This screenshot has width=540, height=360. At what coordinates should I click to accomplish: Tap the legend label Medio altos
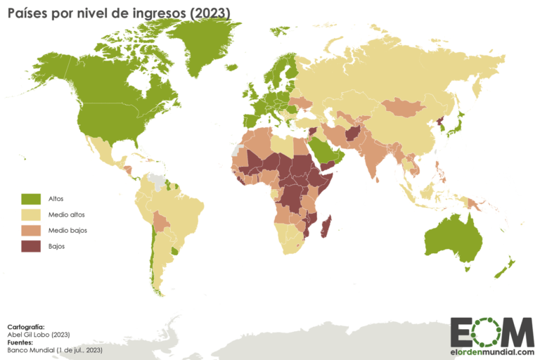(x=67, y=214)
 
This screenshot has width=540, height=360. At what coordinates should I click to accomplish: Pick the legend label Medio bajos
(x=67, y=231)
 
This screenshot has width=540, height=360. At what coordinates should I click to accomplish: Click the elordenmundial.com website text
(x=492, y=352)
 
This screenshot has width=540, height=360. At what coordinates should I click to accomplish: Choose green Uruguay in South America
(x=174, y=250)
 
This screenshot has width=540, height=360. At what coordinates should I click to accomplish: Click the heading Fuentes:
(x=21, y=342)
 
